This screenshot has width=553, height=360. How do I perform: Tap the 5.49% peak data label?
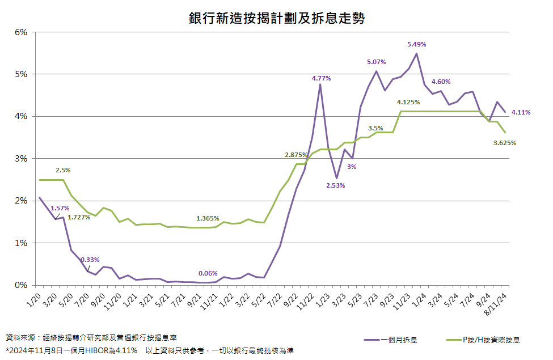coord(416,44)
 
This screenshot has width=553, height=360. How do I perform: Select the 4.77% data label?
coord(321,78)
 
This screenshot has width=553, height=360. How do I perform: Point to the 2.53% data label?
coord(336,185)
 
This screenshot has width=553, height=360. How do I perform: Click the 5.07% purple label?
coord(377,61)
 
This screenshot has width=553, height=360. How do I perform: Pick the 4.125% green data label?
coord(408,102)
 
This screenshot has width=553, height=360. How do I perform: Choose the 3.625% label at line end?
coord(504,143)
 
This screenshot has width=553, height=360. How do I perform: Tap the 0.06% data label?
coord(208,273)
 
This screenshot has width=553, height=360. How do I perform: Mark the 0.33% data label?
coord(90,259)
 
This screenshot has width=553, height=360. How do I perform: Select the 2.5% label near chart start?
coord(64,170)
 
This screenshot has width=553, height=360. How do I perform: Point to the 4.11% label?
coord(521,112)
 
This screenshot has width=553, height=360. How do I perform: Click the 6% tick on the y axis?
coord(21,32)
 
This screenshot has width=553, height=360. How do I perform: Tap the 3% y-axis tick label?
coord(21,159)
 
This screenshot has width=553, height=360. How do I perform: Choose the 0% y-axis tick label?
coord(21,285)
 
